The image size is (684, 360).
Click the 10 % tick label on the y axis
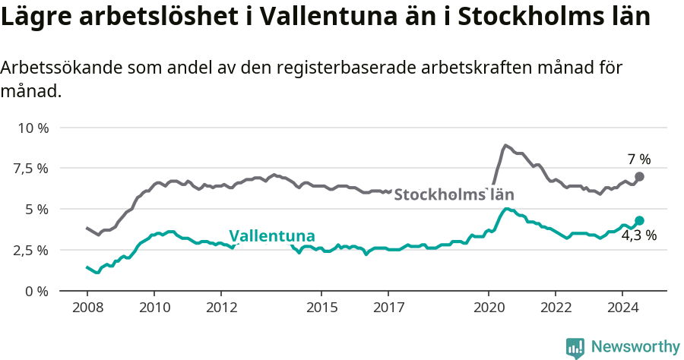pyautogui.click(x=33, y=127)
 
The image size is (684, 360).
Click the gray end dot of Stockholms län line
pyautogui.click(x=639, y=176)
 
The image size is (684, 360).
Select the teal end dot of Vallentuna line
pyautogui.click(x=639, y=220)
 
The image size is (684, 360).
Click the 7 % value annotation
pyautogui.click(x=638, y=159)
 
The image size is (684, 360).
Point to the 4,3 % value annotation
pyautogui.click(x=638, y=235)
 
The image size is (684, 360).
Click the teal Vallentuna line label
pyautogui.click(x=271, y=235)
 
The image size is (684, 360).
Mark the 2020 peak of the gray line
pyautogui.click(x=505, y=145)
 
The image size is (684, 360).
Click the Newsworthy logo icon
pyautogui.click(x=575, y=347)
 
